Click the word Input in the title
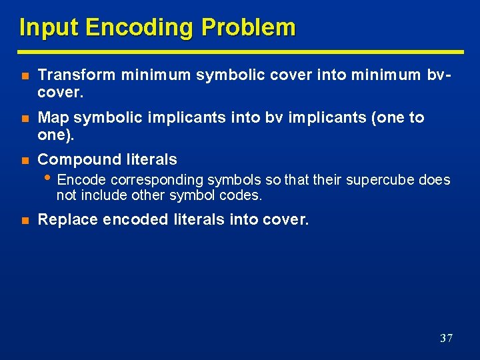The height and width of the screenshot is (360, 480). [49, 28]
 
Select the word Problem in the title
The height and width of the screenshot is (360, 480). [248, 28]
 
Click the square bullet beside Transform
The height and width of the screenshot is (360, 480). [24, 77]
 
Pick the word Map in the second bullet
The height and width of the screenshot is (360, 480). [53, 118]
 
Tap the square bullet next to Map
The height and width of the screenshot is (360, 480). [24, 119]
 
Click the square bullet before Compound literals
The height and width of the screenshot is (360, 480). [24, 160]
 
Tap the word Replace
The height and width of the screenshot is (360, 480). [66, 219]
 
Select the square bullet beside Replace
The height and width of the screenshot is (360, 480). [24, 220]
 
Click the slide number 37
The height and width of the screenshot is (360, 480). [446, 338]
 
